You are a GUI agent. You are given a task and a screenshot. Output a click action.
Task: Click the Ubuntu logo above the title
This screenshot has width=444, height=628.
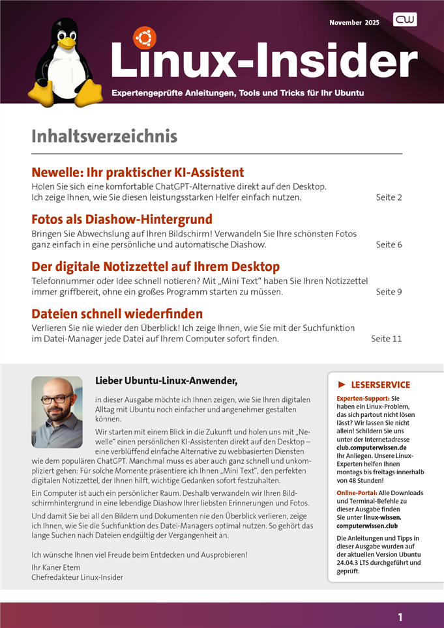tap(144, 38)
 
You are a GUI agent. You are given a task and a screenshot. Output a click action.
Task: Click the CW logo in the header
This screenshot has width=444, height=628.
tap(405, 20)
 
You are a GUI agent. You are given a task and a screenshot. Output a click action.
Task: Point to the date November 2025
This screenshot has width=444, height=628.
tap(355, 23)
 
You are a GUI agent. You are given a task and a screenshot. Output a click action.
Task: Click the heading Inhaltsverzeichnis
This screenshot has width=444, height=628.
tap(104, 137)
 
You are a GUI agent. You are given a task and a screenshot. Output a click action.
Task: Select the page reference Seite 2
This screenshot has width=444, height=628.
tap(389, 197)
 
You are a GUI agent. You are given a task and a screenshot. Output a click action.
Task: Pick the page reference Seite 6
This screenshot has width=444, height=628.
tap(389, 244)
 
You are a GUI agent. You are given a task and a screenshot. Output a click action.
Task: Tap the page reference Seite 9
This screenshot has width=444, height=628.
tap(389, 292)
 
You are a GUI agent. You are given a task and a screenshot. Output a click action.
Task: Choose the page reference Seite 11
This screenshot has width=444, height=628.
tap(386, 339)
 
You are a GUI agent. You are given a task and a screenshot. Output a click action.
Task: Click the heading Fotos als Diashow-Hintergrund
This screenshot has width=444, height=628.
tap(122, 220)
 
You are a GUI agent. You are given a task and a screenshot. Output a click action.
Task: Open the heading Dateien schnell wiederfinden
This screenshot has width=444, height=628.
tap(117, 314)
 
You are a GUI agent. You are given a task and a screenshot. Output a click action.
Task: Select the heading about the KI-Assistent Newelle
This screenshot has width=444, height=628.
tap(138, 173)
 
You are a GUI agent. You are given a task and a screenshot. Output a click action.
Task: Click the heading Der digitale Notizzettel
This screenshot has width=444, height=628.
tap(156, 266)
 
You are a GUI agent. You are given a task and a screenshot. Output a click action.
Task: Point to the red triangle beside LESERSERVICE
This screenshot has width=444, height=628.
tap(342, 385)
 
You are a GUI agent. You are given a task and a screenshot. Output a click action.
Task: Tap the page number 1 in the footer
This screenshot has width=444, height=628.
tap(400, 617)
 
